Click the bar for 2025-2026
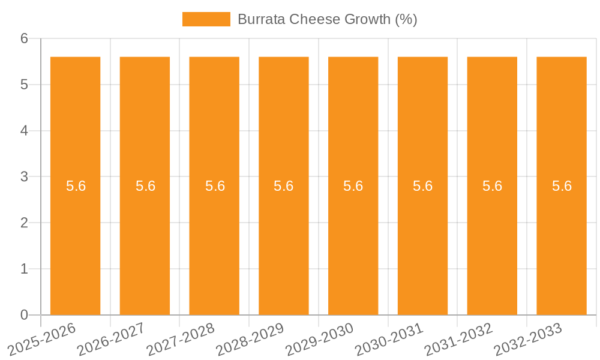pos(75,240)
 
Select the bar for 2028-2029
pos(283,240)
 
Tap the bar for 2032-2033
pos(562,240)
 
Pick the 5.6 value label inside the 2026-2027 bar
pos(145,186)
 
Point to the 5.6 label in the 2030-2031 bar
pos(422,186)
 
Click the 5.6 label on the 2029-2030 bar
pos(353,186)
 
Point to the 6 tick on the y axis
pos(25,38)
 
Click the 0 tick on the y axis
pos(25,315)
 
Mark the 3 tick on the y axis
pos(25,177)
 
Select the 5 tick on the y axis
pos(25,85)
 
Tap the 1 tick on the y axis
pos(25,269)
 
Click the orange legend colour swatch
pos(206,19)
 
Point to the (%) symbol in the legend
pos(406,19)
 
